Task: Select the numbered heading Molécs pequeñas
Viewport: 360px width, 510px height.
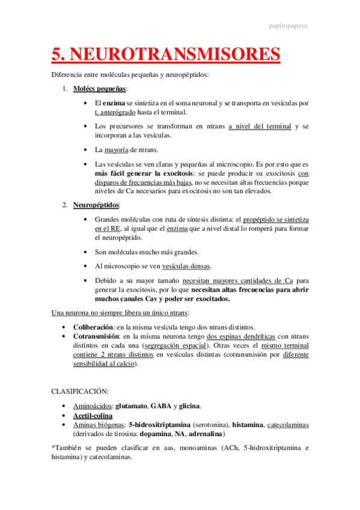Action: point(99,89)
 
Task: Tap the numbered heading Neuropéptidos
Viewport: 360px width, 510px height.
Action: point(96,205)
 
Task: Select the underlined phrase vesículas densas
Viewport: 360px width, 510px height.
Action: point(188,265)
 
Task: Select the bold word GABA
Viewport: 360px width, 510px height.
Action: point(160,406)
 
